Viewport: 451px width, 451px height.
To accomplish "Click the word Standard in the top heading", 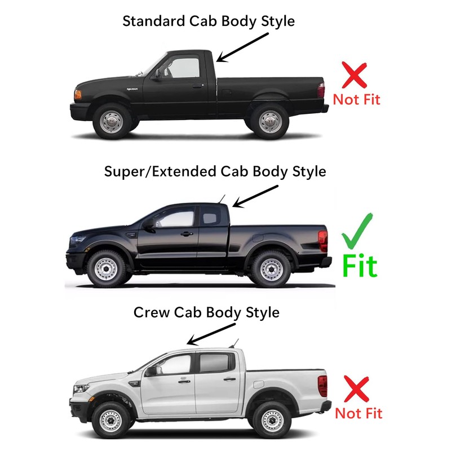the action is tap(149, 22).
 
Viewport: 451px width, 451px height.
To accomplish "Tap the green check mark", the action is tap(359, 232).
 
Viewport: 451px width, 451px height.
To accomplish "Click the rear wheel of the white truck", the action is tap(268, 419).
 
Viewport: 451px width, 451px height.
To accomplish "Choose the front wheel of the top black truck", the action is tap(111, 121).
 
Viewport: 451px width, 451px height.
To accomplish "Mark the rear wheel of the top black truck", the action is tap(269, 121).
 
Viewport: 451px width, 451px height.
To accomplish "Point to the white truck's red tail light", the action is tap(322, 386).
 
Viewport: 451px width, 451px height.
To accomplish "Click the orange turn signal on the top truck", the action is tap(78, 94).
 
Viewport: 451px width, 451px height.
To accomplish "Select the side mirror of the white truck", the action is tap(151, 370).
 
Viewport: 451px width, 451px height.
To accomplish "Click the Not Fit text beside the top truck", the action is tap(356, 100).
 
